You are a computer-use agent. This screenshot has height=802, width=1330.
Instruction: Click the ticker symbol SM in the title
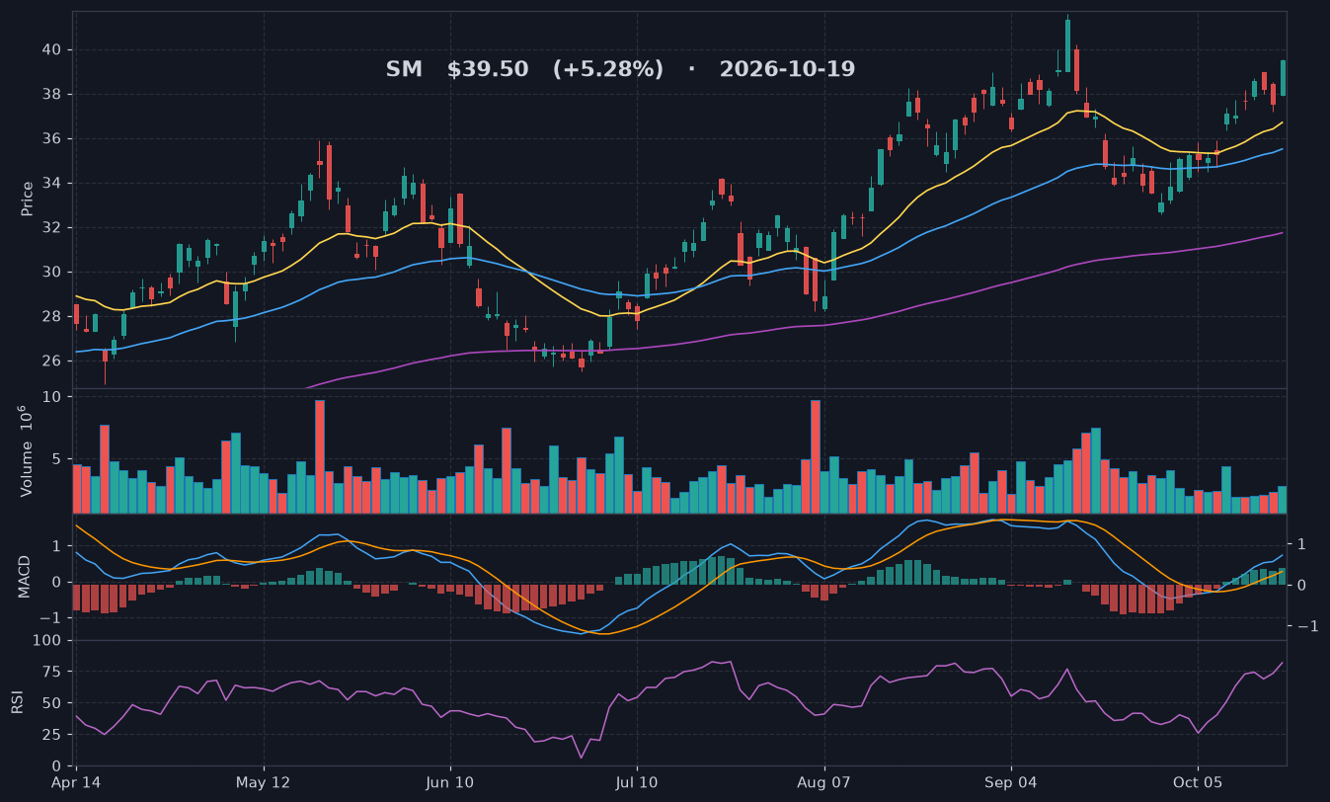tap(404, 69)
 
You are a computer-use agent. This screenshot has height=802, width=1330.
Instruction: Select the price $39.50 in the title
tap(488, 69)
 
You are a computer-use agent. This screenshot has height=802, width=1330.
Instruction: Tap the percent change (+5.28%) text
tap(608, 69)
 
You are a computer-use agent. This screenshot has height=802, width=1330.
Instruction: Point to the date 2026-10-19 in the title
tap(787, 69)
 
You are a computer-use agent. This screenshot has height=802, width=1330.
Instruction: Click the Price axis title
tap(27, 199)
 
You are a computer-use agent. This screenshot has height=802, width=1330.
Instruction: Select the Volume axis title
tap(27, 451)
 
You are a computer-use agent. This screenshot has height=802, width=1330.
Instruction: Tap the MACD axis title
tap(25, 577)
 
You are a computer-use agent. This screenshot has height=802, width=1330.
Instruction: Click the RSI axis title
tap(17, 702)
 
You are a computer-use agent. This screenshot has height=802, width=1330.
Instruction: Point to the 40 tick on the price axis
tap(51, 50)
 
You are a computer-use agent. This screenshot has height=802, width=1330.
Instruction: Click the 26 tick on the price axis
tap(51, 361)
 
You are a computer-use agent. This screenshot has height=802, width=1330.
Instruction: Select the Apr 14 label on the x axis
tap(76, 782)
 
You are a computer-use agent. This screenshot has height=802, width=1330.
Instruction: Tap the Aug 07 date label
tap(823, 782)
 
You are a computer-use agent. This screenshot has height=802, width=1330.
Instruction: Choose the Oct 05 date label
tap(1198, 782)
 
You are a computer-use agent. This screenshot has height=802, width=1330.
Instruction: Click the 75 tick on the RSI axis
tap(51, 672)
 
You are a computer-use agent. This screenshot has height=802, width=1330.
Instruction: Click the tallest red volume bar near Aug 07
tap(816, 456)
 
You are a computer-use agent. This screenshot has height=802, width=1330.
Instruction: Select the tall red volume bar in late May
tap(320, 456)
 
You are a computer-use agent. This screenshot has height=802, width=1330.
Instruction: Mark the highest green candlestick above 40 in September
tap(1067, 45)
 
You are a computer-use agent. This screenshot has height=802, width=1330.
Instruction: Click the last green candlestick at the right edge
tap(1283, 78)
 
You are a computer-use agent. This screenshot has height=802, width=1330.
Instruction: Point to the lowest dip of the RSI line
tap(581, 758)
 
